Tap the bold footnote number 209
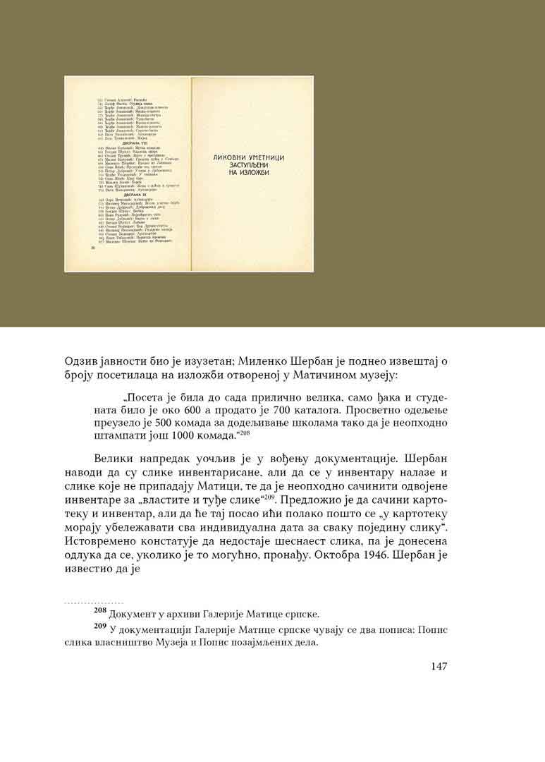pyautogui.click(x=102, y=626)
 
